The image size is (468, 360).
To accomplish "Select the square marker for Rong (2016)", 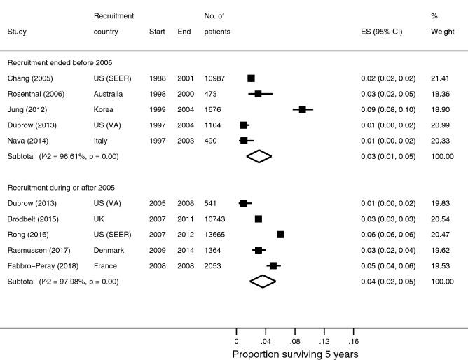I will [280, 235].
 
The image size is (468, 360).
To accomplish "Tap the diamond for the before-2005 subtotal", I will [259, 156].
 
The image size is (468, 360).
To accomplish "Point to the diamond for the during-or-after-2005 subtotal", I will [263, 282].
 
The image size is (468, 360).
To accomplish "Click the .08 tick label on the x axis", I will [294, 341].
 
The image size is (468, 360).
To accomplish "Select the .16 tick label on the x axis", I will [352, 341].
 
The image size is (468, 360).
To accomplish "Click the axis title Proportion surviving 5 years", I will [295, 354].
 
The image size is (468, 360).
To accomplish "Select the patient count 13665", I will [215, 235].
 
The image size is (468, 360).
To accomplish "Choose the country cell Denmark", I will [108, 250].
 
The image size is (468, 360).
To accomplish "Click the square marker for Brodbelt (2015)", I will [259, 219].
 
